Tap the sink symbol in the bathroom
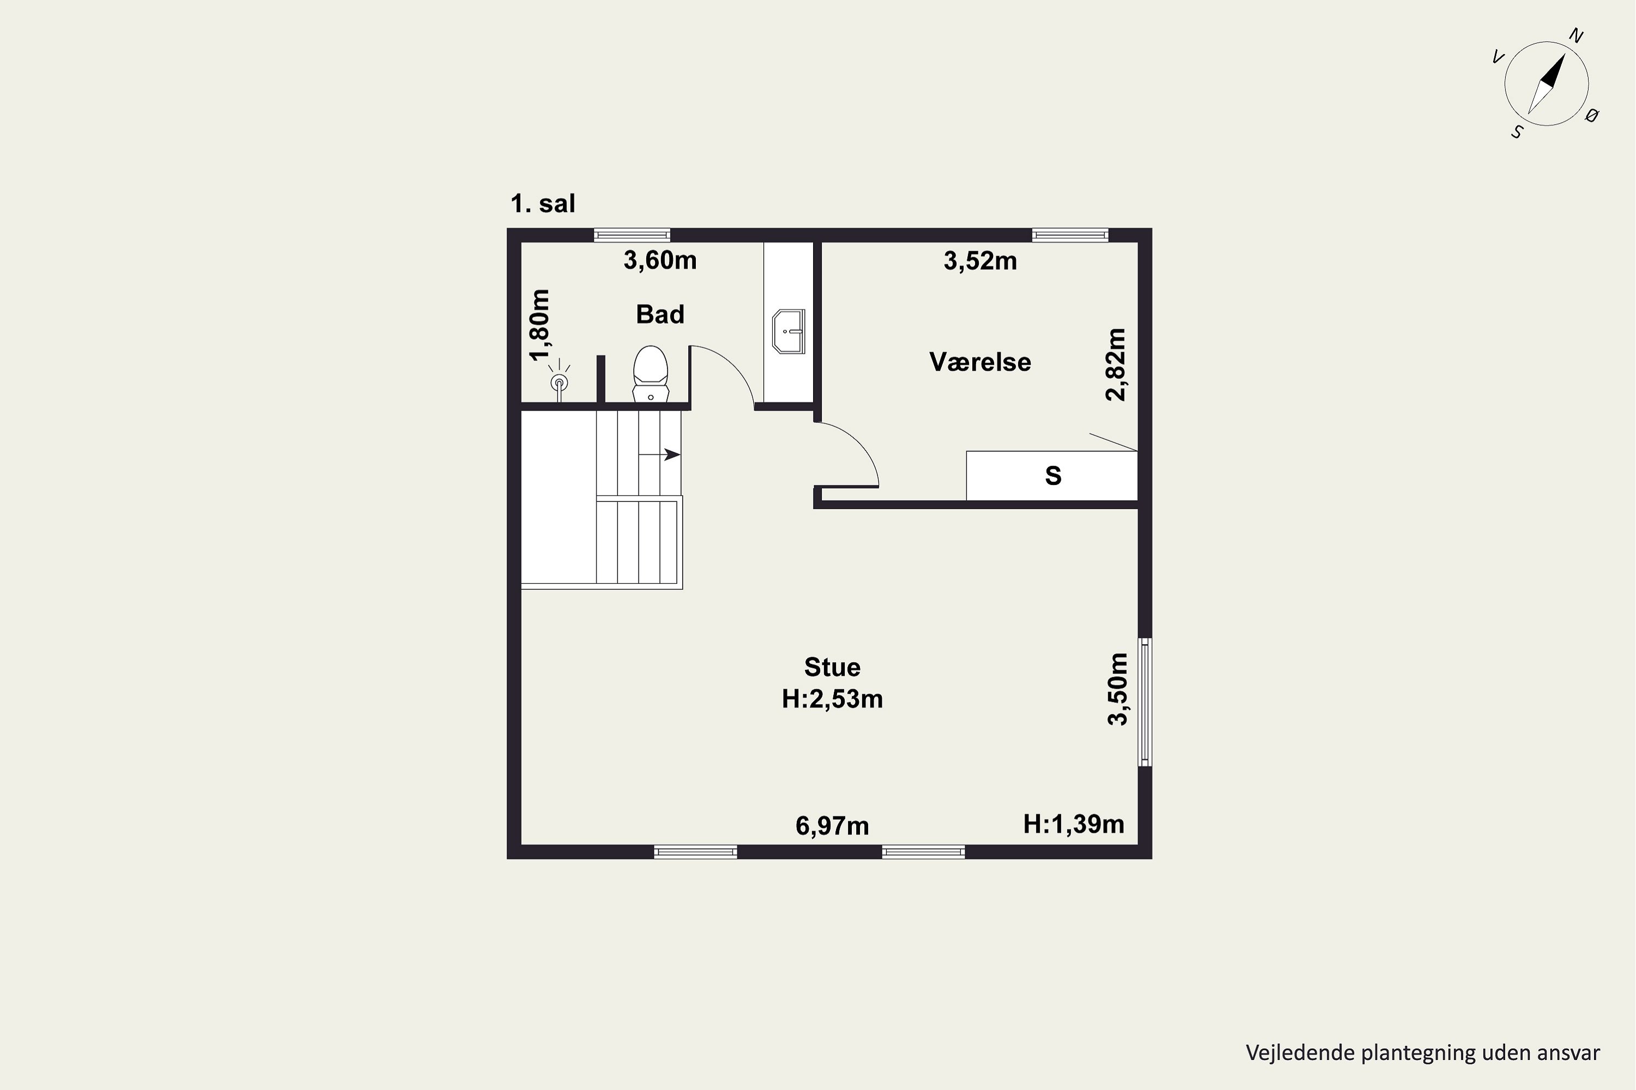pyautogui.click(x=789, y=331)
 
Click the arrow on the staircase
pyautogui.click(x=659, y=455)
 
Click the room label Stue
pyautogui.click(x=833, y=667)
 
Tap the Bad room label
pyautogui.click(x=660, y=314)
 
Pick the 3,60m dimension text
pyautogui.click(x=660, y=260)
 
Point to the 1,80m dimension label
pyautogui.click(x=540, y=325)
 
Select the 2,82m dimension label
pyautogui.click(x=1116, y=364)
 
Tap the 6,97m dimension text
pyautogui.click(x=833, y=826)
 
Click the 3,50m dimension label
pyautogui.click(x=1117, y=689)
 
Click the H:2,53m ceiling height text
pyautogui.click(x=833, y=699)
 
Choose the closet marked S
pyautogui.click(x=1052, y=475)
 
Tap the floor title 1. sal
pyautogui.click(x=543, y=204)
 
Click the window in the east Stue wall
pyautogui.click(x=1145, y=702)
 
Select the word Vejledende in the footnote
pyautogui.click(x=1300, y=1052)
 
